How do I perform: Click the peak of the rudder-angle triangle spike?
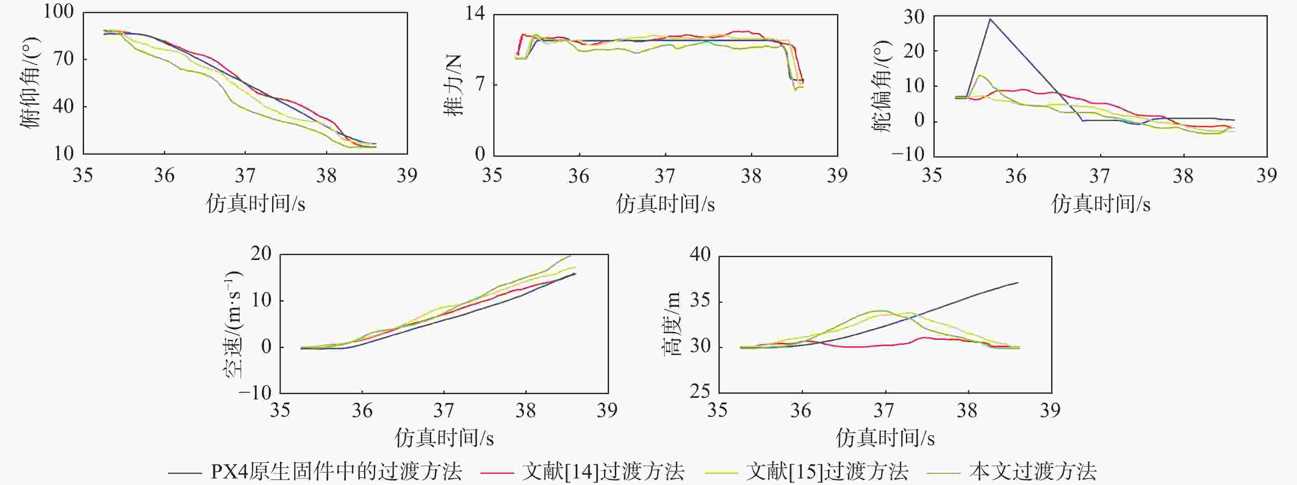pyautogui.click(x=990, y=19)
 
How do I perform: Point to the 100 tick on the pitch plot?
pyautogui.click(x=58, y=12)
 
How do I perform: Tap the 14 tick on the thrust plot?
pyautogui.click(x=474, y=14)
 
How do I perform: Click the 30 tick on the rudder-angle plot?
pyautogui.click(x=914, y=16)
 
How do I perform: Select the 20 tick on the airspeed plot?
pyautogui.click(x=261, y=253)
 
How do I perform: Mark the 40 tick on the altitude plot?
pyautogui.click(x=700, y=255)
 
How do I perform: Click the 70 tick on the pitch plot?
pyautogui.click(x=64, y=59)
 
